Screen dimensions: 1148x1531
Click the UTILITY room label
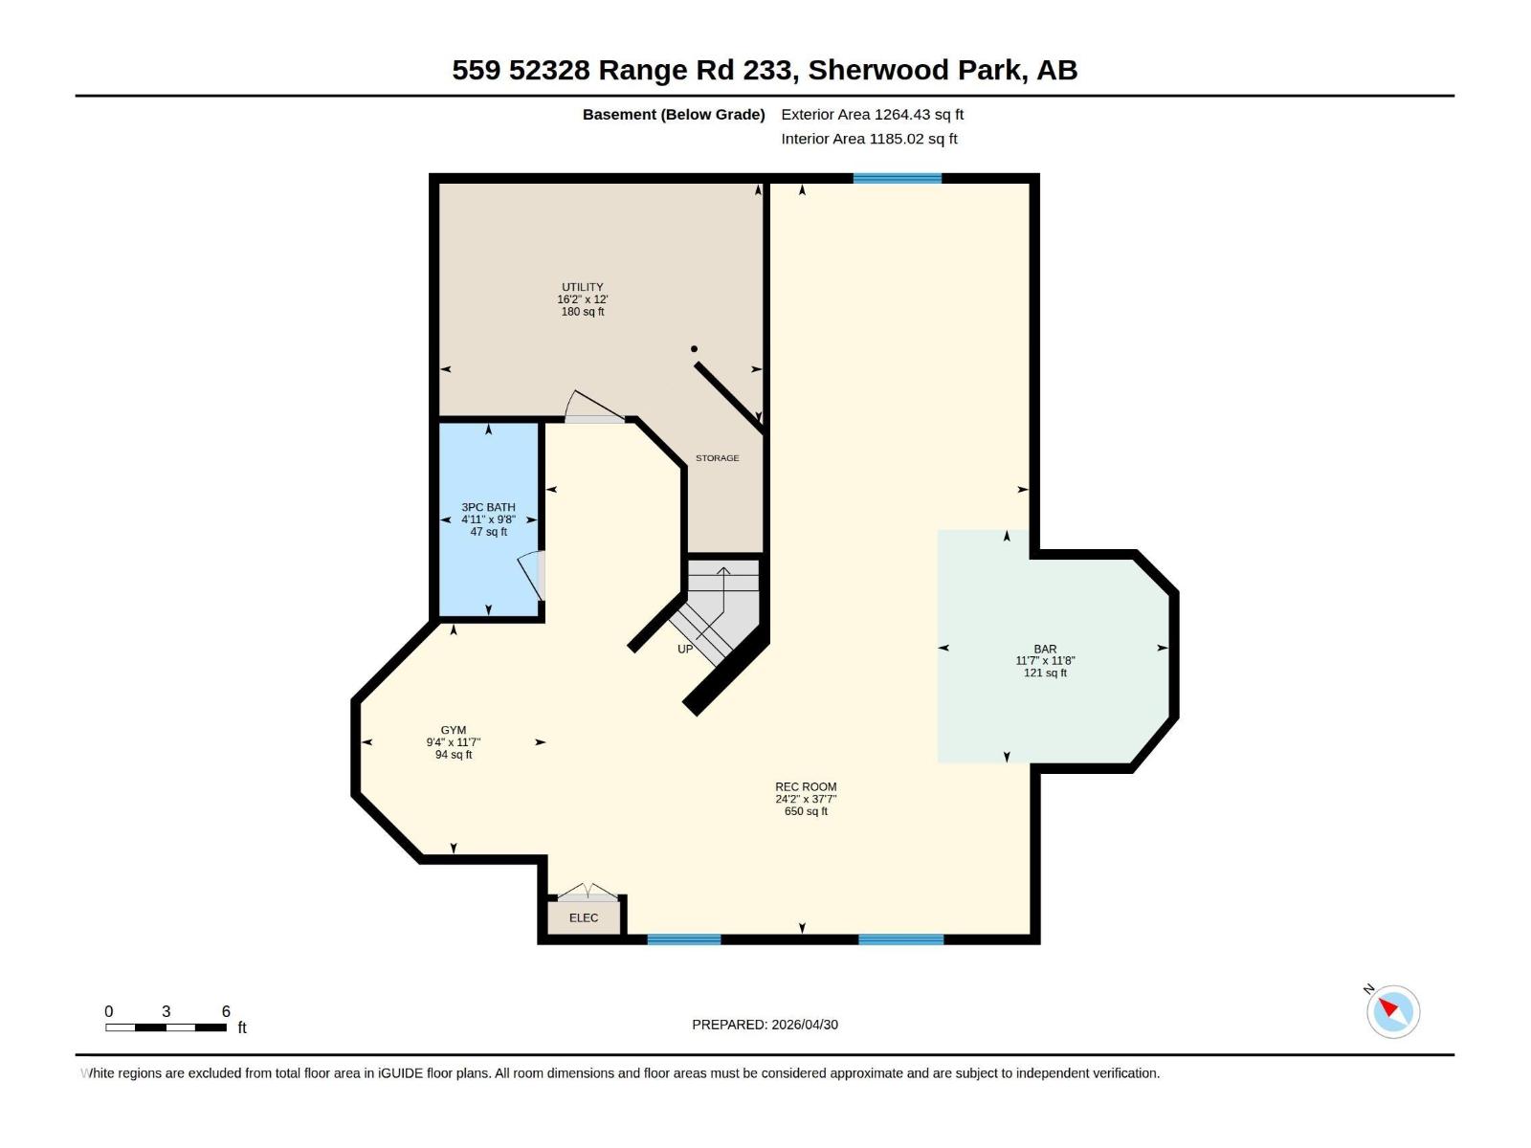tap(582, 287)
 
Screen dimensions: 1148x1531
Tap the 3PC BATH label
tap(488, 507)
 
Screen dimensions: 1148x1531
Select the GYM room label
tap(454, 730)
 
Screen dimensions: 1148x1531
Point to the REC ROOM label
tap(806, 786)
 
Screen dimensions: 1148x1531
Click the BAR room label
tap(1045, 649)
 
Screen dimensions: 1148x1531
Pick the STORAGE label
tap(717, 458)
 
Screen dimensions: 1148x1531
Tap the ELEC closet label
tap(584, 917)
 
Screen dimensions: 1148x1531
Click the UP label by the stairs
tap(685, 649)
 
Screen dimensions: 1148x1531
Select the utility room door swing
tap(593, 407)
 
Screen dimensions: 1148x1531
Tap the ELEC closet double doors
tap(588, 893)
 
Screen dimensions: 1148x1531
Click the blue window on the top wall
tap(897, 178)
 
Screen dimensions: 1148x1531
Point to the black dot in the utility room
tap(694, 349)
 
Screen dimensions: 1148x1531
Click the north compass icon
tap(1392, 1010)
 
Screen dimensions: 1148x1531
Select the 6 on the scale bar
tap(226, 1011)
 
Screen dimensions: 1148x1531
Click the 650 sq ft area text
tap(806, 811)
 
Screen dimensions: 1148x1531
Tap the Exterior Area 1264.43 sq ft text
tap(872, 114)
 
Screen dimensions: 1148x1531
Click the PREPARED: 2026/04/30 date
tap(765, 1024)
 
